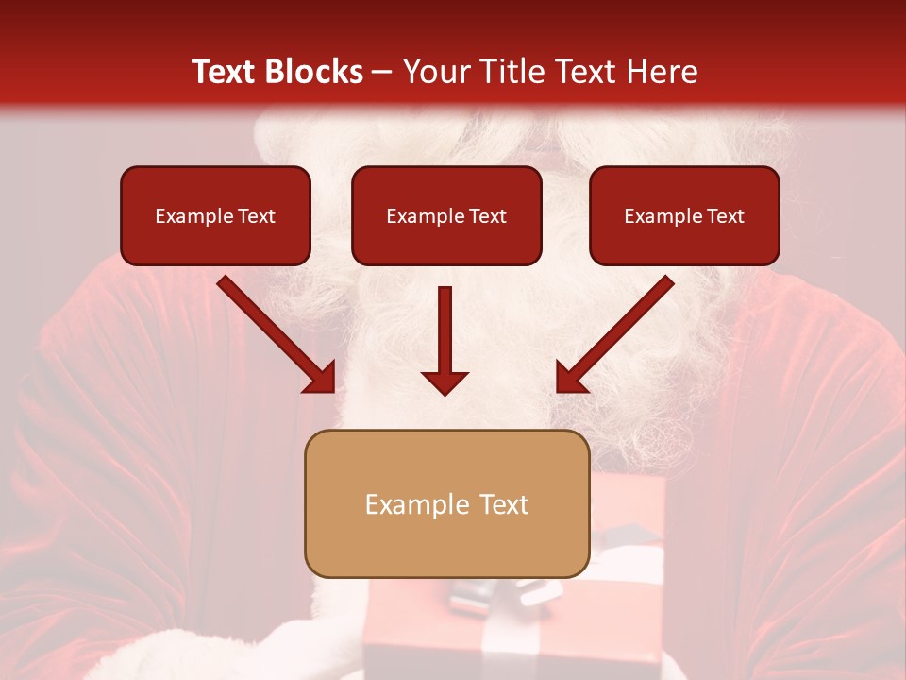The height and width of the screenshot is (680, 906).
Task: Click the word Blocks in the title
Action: pyautogui.click(x=312, y=72)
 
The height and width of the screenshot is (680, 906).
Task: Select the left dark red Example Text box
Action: pyautogui.click(x=215, y=215)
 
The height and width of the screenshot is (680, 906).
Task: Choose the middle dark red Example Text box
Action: pyautogui.click(x=446, y=215)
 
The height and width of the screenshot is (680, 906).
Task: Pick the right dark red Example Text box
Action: pyautogui.click(x=684, y=215)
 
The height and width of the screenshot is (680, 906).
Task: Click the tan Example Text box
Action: pyautogui.click(x=446, y=503)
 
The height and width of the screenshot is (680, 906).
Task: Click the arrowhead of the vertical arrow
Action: pyautogui.click(x=445, y=382)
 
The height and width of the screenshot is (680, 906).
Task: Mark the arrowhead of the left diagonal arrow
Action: pyautogui.click(x=320, y=377)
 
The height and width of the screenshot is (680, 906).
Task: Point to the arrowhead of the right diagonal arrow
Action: pyautogui.click(x=571, y=377)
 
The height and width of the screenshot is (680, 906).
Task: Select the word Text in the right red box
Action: pyautogui.click(x=724, y=216)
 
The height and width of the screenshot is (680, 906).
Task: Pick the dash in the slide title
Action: pyautogui.click(x=382, y=72)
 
